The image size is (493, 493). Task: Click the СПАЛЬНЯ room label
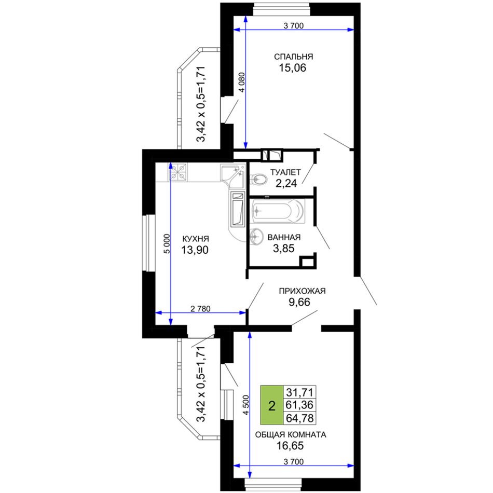(293, 57)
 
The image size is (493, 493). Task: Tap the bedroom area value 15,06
(292, 67)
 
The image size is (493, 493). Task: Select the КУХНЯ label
(195, 239)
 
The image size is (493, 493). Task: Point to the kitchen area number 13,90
(195, 250)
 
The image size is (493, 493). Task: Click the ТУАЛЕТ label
(285, 172)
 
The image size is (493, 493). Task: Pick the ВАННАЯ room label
(284, 237)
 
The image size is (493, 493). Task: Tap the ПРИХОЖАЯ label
(302, 291)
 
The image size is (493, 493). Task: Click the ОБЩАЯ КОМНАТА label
(291, 434)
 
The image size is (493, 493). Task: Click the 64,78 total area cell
(299, 418)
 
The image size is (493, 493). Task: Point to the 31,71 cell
(299, 392)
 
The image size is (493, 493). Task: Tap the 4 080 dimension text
(242, 83)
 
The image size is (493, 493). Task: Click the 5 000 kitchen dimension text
(167, 244)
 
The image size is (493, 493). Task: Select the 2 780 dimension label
(201, 309)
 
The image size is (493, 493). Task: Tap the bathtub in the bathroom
(277, 211)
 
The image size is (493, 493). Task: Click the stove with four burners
(177, 172)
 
